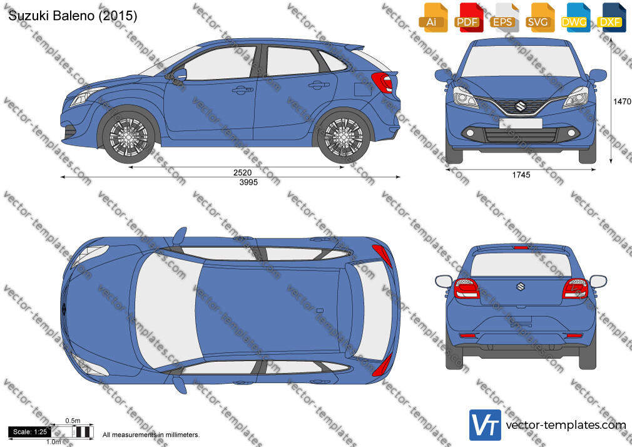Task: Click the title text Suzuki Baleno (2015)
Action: click(73, 16)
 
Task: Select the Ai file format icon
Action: click(433, 18)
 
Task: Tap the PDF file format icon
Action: click(469, 18)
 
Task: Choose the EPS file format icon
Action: click(504, 18)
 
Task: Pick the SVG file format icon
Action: click(539, 18)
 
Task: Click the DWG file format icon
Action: click(576, 18)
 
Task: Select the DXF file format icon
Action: click(611, 18)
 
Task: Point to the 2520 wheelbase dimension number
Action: click(242, 173)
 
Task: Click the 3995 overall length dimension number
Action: click(248, 182)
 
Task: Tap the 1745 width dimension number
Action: click(521, 175)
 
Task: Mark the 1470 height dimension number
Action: click(622, 101)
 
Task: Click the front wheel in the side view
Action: click(128, 136)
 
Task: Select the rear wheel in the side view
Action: click(344, 137)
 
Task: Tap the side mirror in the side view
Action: click(180, 74)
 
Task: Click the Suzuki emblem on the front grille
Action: click(520, 106)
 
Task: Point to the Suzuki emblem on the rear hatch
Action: click(521, 287)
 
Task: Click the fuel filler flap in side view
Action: click(362, 89)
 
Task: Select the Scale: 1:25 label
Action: click(30, 432)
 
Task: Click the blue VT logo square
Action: click(485, 425)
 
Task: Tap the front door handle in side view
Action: click(242, 90)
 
